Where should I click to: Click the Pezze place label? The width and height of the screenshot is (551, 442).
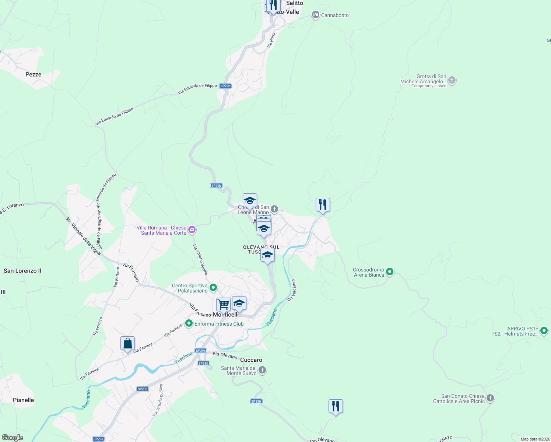point(33,74)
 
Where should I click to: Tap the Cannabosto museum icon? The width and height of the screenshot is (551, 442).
point(315,15)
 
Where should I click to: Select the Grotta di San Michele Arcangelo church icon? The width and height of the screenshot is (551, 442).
point(452,81)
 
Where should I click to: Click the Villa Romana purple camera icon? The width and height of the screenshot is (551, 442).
point(192,230)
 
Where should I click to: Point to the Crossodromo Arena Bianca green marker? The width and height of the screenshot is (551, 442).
point(390,272)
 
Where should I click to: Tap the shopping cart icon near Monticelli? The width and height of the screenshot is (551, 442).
point(223,305)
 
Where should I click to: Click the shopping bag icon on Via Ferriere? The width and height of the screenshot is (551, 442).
point(127,344)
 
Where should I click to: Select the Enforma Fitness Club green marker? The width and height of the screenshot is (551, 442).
point(189,324)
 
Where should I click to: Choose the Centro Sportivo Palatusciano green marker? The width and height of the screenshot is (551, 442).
point(213,288)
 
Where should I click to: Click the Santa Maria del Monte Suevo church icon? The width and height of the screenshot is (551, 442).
point(262,370)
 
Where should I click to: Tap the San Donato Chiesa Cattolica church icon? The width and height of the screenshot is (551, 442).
point(490,398)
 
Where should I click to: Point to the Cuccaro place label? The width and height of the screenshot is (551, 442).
point(251,360)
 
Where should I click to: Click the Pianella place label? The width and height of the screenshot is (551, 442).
point(23,400)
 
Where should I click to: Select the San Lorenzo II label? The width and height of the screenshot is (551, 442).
point(22,271)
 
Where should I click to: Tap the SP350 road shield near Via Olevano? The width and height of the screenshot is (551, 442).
point(203,364)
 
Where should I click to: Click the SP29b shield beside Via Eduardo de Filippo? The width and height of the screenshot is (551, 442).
point(225,86)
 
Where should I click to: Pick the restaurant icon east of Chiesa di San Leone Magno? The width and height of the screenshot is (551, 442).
point(323,205)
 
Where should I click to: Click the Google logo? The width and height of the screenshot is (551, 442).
point(12,438)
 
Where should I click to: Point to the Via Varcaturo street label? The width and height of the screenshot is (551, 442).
point(291,290)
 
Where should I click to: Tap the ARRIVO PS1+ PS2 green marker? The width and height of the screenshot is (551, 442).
point(544,331)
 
